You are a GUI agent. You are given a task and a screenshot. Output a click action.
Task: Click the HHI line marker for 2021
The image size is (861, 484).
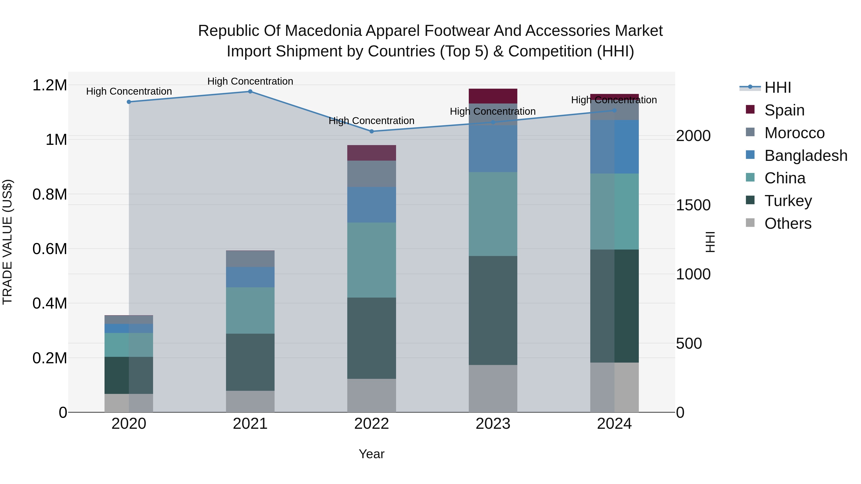click(250, 92)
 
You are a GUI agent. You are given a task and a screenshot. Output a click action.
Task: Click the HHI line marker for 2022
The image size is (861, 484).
click(371, 131)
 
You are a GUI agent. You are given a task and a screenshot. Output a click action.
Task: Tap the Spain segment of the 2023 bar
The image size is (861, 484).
click(493, 96)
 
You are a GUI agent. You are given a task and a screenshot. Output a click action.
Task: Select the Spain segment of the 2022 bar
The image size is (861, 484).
click(371, 153)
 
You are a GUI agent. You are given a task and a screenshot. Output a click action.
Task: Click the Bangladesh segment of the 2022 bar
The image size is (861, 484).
click(371, 205)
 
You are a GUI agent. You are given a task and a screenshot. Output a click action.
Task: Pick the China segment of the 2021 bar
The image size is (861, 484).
click(250, 310)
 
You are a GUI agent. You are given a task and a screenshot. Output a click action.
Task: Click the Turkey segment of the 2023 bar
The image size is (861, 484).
click(493, 310)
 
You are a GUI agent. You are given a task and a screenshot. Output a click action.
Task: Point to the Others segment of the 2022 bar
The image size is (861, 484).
click(371, 396)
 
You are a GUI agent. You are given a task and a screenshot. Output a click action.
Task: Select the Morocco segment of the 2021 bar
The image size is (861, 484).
click(250, 259)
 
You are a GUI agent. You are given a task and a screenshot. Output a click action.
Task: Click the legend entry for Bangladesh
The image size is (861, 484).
click(806, 156)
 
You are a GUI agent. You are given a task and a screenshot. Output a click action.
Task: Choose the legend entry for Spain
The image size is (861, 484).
click(784, 110)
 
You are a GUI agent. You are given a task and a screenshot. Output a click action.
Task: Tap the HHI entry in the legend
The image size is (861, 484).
click(778, 87)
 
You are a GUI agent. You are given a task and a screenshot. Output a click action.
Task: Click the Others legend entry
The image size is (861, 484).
click(788, 223)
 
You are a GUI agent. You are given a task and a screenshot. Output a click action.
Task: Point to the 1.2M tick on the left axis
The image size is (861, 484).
click(50, 85)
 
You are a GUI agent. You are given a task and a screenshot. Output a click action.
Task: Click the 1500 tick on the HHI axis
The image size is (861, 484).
click(693, 205)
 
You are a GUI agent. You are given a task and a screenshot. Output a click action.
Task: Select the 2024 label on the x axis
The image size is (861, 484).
click(614, 424)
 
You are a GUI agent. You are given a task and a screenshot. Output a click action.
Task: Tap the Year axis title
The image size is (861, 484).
click(371, 454)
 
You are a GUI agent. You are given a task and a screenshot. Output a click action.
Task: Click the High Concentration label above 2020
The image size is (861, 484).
click(129, 91)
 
